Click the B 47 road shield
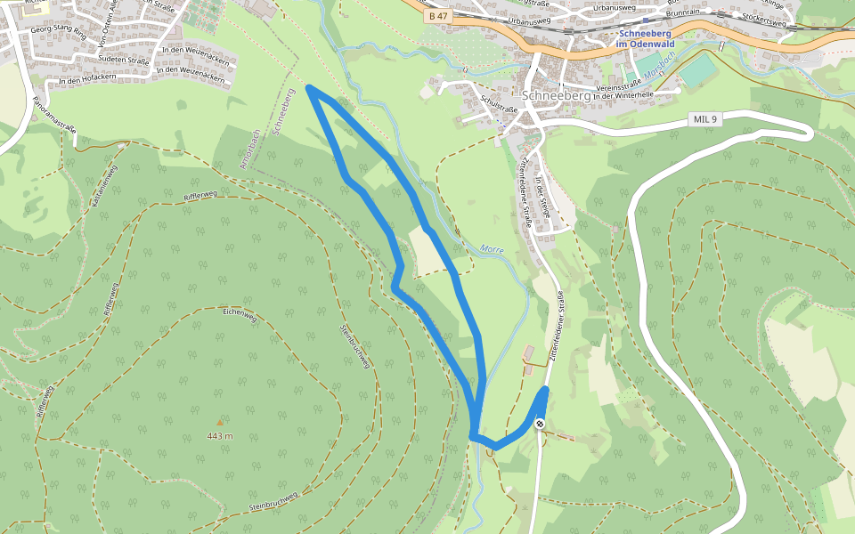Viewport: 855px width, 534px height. [437, 16]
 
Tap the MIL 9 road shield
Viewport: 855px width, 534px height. [703, 119]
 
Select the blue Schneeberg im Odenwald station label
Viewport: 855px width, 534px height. [647, 38]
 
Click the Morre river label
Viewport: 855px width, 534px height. [492, 250]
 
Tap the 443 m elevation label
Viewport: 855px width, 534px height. [219, 436]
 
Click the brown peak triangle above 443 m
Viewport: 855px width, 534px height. [219, 422]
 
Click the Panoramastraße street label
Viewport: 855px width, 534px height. [54, 115]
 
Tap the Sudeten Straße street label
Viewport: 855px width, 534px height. [122, 59]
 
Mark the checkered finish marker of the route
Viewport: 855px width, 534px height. [540, 424]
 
